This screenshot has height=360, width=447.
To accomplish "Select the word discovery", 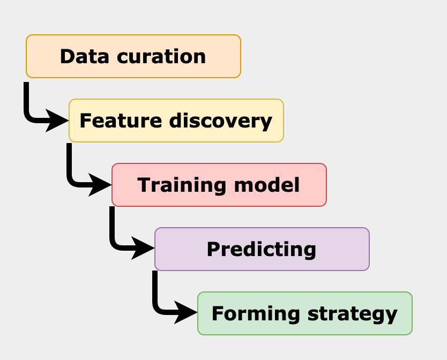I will [221, 121].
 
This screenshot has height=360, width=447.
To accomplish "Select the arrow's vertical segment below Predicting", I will [155, 289].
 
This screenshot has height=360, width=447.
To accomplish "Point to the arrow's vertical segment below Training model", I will [112, 225].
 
